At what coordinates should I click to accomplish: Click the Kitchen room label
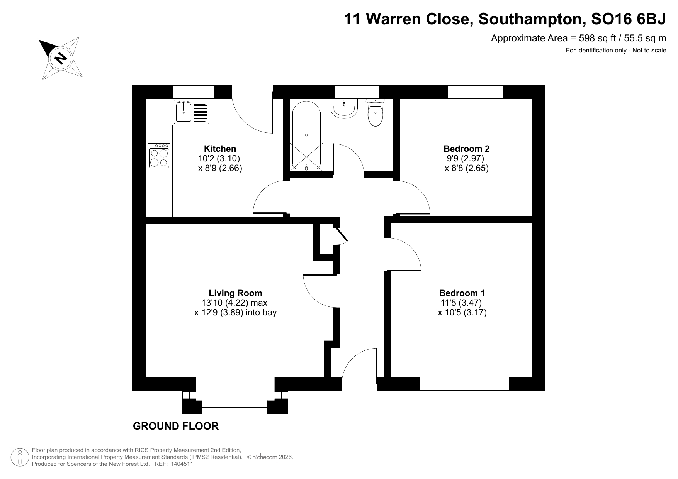coord(220,149)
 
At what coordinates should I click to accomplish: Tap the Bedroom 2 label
coord(466,149)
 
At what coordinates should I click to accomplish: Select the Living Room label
coord(235,293)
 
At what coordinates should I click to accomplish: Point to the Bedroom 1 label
coord(462,293)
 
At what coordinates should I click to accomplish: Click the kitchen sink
coord(192,112)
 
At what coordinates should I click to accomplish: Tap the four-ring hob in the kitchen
coord(159,156)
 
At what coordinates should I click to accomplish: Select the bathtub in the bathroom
coord(306,135)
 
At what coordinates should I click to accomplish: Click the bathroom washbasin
coord(344,108)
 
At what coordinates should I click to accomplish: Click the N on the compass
coord(61,58)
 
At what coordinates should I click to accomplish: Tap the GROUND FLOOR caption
coord(176,426)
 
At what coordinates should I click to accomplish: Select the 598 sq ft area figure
coord(591,38)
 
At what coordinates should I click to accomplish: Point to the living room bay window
coord(235,407)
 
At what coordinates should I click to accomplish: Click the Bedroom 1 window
coord(464,384)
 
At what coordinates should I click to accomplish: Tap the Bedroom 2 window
coord(475,92)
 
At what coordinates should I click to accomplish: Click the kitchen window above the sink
coord(194,92)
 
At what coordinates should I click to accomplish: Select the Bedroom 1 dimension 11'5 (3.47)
coord(461,303)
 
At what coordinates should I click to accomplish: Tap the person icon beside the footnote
coord(20,457)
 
